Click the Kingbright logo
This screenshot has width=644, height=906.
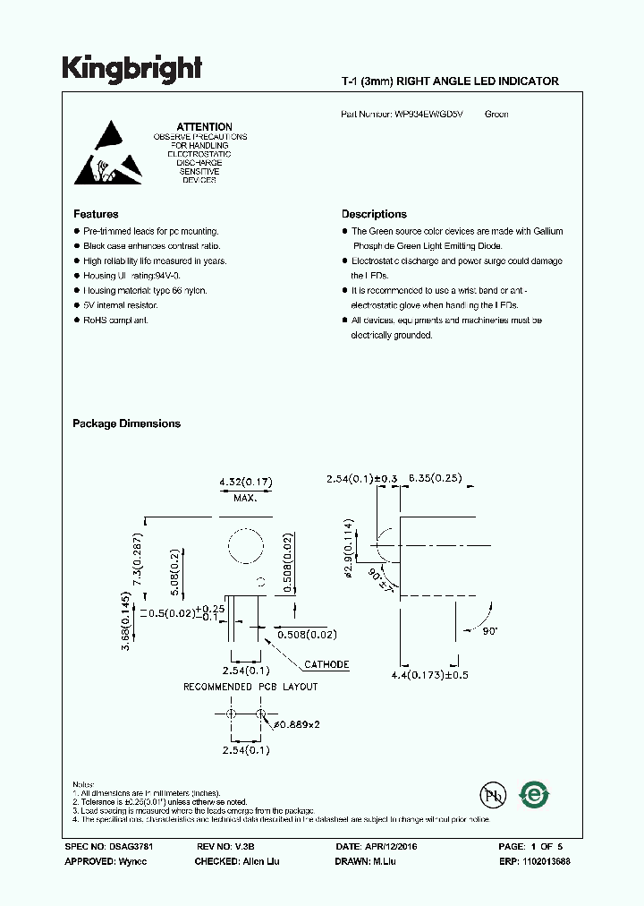[x=131, y=69]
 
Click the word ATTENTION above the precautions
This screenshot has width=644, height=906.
[x=204, y=127]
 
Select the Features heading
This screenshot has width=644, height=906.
[x=96, y=215]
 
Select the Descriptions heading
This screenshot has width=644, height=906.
[x=374, y=215]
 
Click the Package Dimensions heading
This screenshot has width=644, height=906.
[x=126, y=423]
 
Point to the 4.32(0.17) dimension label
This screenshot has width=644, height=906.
[x=246, y=483]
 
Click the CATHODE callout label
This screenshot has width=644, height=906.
[x=326, y=665]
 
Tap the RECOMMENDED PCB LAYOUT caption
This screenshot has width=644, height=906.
[x=250, y=687]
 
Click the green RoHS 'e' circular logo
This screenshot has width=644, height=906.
[x=536, y=794]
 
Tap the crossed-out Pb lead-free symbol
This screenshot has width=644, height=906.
[x=491, y=795]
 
